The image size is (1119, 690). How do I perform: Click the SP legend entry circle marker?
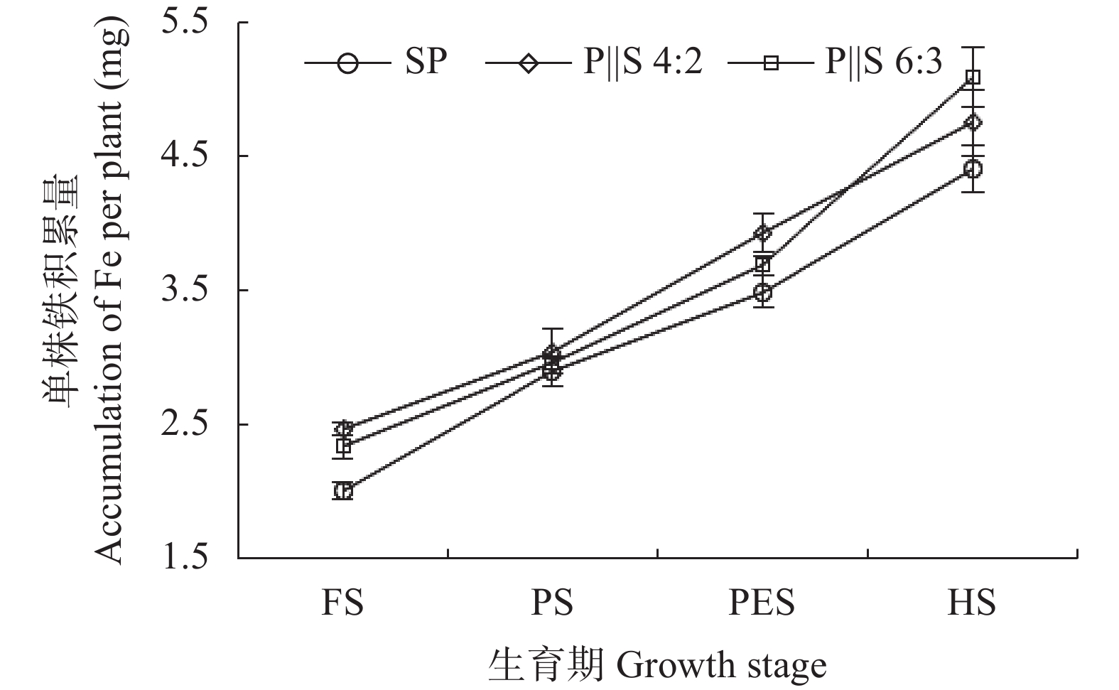pos(347,63)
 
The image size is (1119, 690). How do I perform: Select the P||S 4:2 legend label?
pos(643,63)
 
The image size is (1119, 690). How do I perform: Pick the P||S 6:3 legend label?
pos(883,63)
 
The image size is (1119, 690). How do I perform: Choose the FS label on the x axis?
pos(342,603)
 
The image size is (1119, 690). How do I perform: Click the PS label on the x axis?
pos(552,603)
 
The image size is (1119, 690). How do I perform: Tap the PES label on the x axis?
pos(762,603)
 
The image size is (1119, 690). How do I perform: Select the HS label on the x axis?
pos(972,603)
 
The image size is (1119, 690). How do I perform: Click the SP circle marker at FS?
pos(342,491)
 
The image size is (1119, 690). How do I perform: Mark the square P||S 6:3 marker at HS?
pos(973,77)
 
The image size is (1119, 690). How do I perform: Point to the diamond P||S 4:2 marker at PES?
pos(763,233)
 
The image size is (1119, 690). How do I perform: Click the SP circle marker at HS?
pos(973,169)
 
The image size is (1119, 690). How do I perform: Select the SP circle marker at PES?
pos(763,292)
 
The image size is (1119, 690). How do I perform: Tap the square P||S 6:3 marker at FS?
pos(342,446)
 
